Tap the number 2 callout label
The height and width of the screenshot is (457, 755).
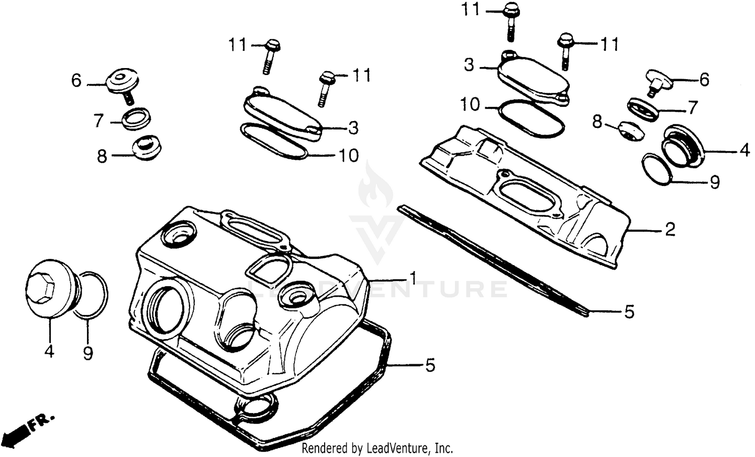pyautogui.click(x=669, y=230)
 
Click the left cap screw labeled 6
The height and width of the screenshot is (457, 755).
pyautogui.click(x=122, y=83)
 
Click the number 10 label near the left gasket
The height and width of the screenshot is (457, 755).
pyautogui.click(x=348, y=155)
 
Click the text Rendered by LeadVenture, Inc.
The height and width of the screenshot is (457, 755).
pyautogui.click(x=377, y=447)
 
